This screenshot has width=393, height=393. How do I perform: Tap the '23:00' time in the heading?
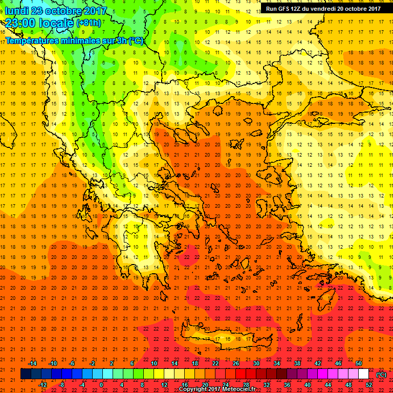(x=20, y=23)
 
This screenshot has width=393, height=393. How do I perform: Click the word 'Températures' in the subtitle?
(x=32, y=40)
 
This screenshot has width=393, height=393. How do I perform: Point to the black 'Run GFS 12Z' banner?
(x=323, y=8)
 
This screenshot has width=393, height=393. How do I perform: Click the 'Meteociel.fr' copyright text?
(x=240, y=389)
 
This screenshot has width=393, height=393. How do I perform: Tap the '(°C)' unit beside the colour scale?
(x=381, y=375)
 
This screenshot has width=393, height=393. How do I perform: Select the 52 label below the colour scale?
(x=369, y=385)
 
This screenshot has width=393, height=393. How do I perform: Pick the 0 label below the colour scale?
(x=101, y=385)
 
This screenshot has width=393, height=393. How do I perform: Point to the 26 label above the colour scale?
(x=235, y=363)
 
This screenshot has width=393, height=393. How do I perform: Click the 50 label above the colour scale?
(x=359, y=363)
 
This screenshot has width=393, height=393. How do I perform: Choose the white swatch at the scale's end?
(x=364, y=374)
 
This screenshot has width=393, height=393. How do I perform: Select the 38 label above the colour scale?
(x=297, y=363)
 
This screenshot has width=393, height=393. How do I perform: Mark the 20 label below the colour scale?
(x=205, y=385)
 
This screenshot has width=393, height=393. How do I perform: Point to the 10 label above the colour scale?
(x=154, y=363)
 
